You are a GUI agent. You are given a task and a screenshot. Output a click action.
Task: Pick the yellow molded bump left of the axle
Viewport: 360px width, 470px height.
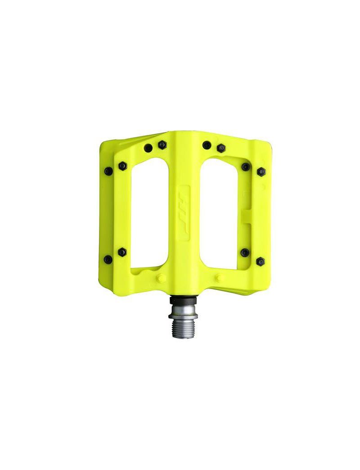[x=161, y=279]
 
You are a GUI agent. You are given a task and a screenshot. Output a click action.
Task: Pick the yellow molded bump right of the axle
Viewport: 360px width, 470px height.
[x=220, y=277]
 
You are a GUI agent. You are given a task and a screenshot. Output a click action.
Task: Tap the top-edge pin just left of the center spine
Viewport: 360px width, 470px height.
[x=162, y=145]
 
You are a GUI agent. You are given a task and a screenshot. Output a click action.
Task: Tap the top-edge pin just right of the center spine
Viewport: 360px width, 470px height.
[x=207, y=145]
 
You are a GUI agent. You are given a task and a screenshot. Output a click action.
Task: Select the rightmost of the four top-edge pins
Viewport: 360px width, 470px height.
[x=220, y=148]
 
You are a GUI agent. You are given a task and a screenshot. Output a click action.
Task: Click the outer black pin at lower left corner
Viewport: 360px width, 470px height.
[x=108, y=259]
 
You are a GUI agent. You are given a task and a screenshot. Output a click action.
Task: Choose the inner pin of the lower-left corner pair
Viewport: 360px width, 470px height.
[x=122, y=252]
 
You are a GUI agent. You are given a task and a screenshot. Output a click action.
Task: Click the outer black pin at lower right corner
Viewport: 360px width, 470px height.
[x=260, y=261]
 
